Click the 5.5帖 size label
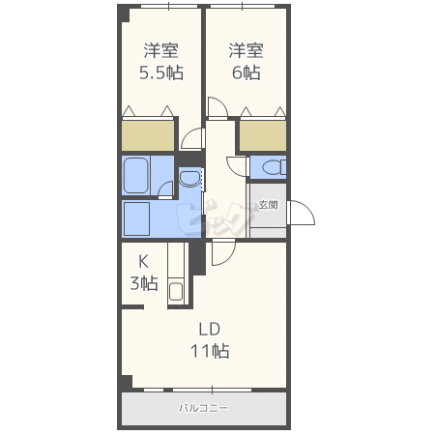pos(161,72)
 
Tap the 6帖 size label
pos(246,72)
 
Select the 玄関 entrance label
pos(268,205)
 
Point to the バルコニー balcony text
pos(204,408)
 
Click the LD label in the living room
pos(210,330)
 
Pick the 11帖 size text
pos(210,351)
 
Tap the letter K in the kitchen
pos(143,262)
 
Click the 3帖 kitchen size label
pos(144,283)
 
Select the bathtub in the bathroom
pos(136,176)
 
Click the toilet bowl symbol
pos(274,167)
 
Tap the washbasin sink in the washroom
pos(189,179)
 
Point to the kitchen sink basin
pos(176,291)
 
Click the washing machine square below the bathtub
pos(136,218)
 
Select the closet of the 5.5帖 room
pos(148,135)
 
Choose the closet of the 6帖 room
pos(263,135)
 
